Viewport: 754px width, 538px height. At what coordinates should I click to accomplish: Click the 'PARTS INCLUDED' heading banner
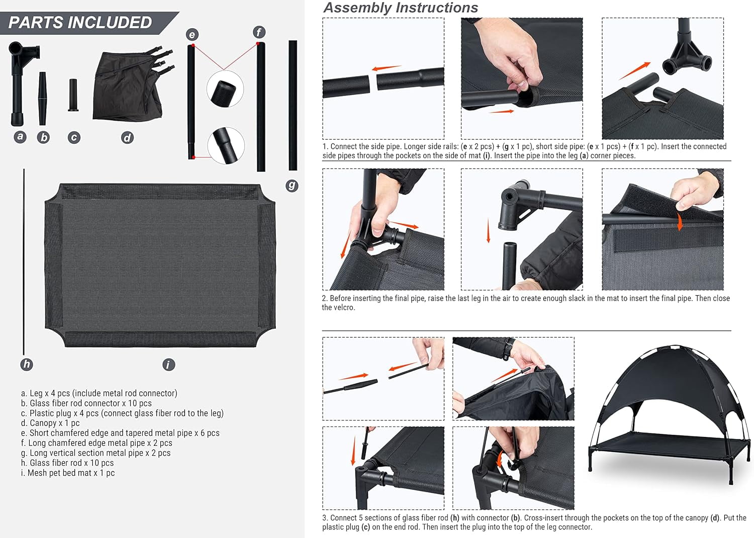tap(80, 23)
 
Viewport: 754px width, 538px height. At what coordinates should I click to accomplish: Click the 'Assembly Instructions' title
tap(401, 8)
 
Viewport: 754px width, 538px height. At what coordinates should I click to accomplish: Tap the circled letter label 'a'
tap(20, 136)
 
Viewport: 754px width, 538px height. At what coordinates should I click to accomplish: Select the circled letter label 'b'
tap(44, 137)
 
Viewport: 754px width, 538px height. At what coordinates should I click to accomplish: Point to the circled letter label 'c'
tap(74, 137)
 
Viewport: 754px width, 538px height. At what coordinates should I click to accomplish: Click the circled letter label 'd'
tap(127, 137)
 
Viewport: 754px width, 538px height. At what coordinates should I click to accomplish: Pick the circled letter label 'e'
tap(192, 34)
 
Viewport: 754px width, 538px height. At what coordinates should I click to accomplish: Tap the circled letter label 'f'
tap(259, 32)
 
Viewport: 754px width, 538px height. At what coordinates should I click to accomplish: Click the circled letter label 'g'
tap(292, 186)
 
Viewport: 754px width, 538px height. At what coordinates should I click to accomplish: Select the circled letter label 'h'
tap(27, 364)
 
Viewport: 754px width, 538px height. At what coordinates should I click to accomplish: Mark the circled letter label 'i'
tap(169, 365)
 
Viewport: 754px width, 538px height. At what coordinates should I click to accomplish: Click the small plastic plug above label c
tap(73, 95)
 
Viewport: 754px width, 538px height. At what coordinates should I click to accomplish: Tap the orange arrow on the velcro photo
tap(680, 222)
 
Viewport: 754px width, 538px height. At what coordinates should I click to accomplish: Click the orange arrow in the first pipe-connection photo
tap(386, 68)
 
